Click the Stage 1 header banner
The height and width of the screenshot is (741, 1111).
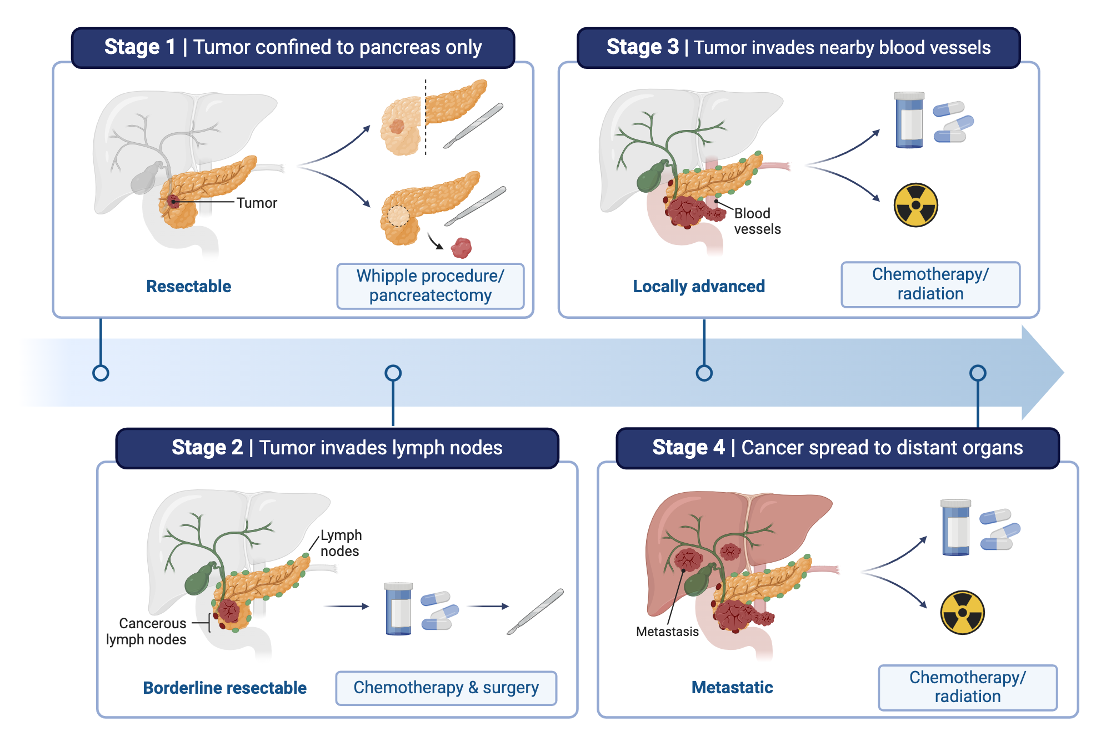coord(293,48)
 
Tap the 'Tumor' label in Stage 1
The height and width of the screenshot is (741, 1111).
coord(256,203)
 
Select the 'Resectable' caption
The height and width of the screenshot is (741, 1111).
coord(188,286)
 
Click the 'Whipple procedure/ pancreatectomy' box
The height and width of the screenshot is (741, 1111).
coord(430,286)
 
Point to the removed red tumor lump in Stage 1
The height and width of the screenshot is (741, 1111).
coord(461,248)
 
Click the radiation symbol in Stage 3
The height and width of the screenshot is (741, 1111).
coord(915,205)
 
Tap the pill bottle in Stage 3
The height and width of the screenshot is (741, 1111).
coord(909,121)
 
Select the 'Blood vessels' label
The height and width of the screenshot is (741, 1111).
coord(757,221)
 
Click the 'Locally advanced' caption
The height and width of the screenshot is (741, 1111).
coord(698,286)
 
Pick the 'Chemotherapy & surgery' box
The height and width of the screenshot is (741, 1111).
coord(446,688)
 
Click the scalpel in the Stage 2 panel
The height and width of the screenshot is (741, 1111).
coord(535,612)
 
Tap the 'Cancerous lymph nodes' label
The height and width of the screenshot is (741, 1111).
coord(147,632)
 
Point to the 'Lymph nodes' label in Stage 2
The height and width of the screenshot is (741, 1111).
coord(341,543)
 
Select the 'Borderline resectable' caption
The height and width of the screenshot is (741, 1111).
coord(224,688)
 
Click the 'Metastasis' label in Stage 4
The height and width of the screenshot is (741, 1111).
coord(667,632)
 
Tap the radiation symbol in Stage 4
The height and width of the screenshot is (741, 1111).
coord(962,612)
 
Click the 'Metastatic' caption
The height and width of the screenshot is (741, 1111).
coord(732,688)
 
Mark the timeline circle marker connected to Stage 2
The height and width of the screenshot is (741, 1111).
coord(393,373)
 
